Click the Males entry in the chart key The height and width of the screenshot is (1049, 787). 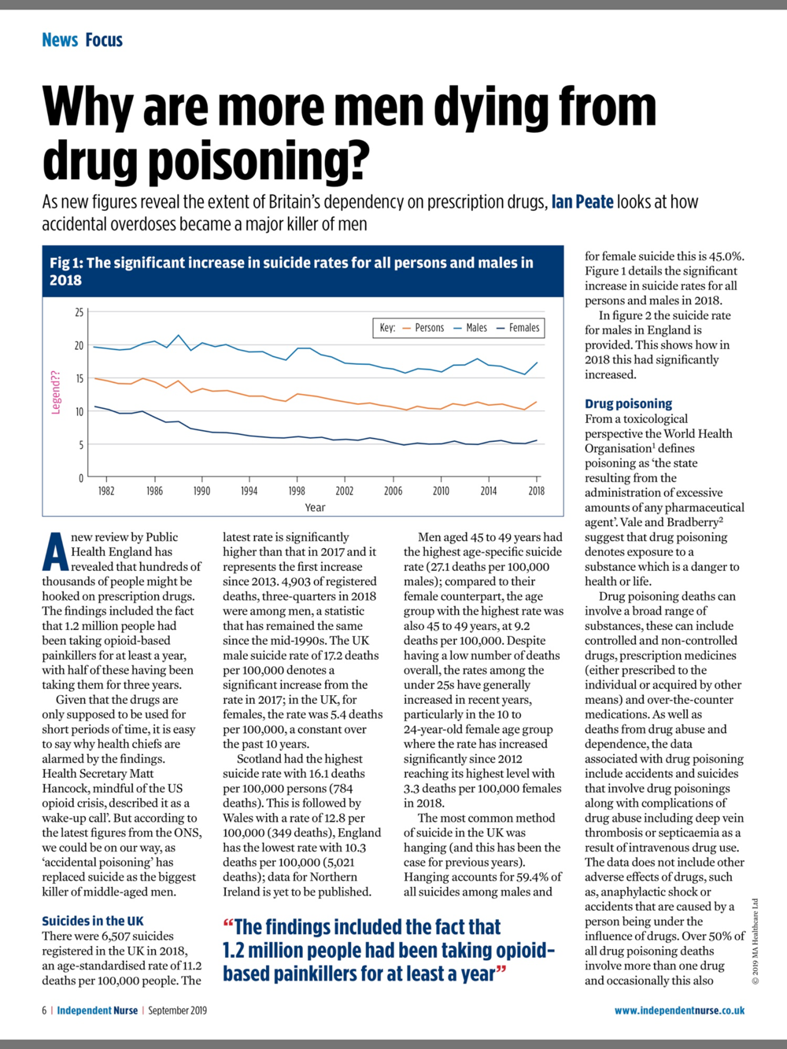coord(470,328)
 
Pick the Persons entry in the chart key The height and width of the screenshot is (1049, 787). coord(423,328)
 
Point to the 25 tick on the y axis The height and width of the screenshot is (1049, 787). coord(79,312)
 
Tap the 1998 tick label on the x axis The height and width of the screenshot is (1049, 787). coord(297,491)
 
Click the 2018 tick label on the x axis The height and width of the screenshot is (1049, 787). coord(536,491)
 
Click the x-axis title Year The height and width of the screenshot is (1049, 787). coord(315,507)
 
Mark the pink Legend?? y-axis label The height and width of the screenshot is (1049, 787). coord(56,392)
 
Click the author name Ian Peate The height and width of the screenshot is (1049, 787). coord(582,202)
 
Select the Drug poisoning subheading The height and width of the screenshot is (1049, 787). coord(628,404)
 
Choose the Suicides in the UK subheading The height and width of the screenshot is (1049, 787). coord(93,921)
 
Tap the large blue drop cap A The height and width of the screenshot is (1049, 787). coord(55,552)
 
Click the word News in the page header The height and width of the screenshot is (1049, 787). coord(60,39)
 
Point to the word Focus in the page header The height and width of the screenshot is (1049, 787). coord(104,39)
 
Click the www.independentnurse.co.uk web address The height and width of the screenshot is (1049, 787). coord(679,1010)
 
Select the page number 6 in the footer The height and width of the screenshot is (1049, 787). coord(45,1010)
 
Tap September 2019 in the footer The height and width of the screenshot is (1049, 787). coord(177,1010)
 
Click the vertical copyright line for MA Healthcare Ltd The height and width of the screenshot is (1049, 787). coord(756,941)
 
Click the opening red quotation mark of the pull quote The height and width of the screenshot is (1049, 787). coord(228,923)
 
